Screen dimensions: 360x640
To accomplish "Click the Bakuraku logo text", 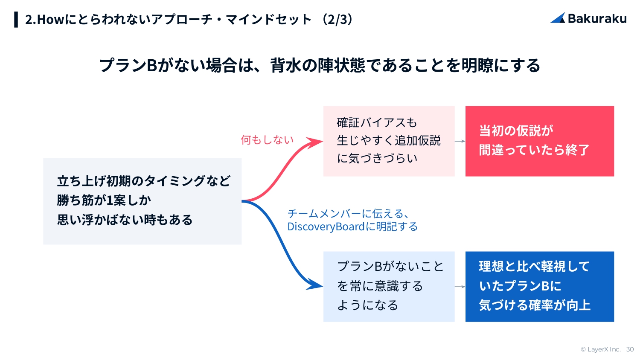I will [597, 19].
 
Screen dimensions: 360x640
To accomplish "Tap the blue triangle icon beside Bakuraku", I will [558, 18].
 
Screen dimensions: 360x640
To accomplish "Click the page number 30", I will [630, 349].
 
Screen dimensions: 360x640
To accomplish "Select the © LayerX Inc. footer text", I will [600, 349].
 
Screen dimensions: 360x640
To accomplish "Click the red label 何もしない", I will [267, 140].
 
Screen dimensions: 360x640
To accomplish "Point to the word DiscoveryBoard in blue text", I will [326, 226].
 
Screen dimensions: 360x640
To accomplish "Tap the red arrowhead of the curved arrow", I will [316, 143].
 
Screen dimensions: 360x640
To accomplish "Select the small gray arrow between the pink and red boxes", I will [460, 141].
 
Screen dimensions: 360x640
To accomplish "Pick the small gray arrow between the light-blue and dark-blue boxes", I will [460, 287].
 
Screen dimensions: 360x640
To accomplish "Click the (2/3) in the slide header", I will [337, 19].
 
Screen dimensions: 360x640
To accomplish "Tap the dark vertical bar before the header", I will [16, 19].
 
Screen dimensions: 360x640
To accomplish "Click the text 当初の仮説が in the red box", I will [516, 131].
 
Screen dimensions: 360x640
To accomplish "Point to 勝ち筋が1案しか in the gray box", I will [104, 200].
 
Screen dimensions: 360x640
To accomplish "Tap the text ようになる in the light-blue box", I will [367, 305].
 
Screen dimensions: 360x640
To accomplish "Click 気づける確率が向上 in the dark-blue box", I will [535, 305].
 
